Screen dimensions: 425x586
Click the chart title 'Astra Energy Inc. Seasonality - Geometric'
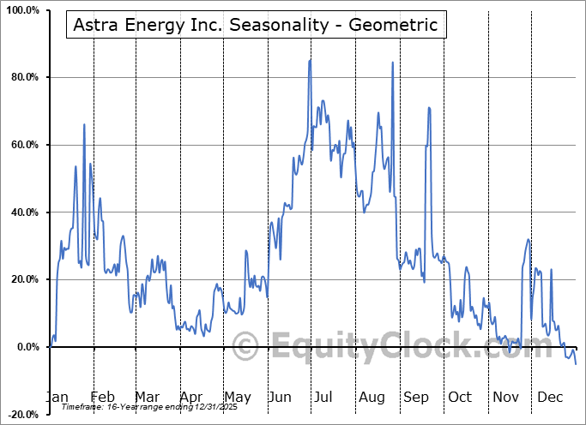tap(255, 25)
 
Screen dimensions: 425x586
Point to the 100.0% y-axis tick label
tap(21, 11)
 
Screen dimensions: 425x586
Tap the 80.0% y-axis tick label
tap(23, 78)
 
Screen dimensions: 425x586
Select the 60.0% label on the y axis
tap(23, 146)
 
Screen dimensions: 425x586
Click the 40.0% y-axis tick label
tap(23, 212)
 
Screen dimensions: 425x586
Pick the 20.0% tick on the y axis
tap(23, 280)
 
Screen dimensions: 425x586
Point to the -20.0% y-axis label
tap(21, 415)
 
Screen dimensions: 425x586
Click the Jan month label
tap(56, 397)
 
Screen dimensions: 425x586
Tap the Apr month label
tap(191, 397)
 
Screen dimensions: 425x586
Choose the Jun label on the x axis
tap(281, 397)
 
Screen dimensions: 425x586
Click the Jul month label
tap(323, 397)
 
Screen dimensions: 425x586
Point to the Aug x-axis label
tap(372, 397)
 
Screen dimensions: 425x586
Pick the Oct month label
tap(460, 397)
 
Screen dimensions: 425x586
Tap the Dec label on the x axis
tap(549, 397)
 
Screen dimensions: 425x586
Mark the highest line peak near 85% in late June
tap(310, 60)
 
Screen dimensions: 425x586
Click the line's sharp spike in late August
tap(392, 63)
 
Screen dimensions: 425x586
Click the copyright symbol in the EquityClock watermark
tap(247, 347)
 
